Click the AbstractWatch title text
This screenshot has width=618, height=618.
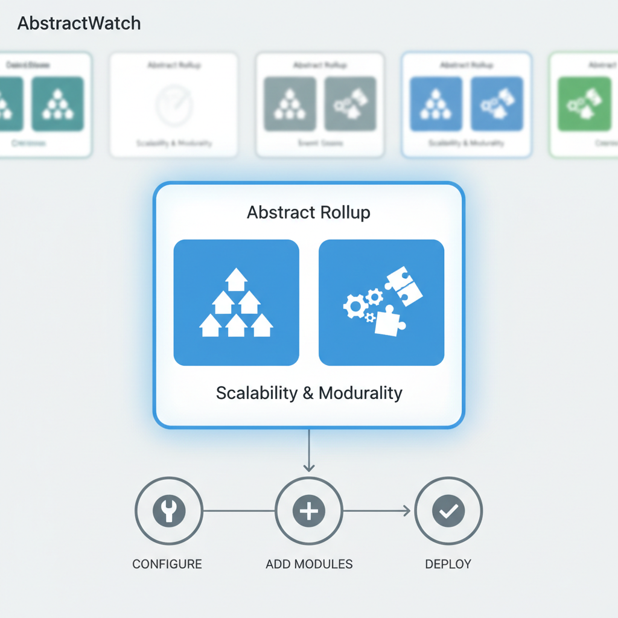coord(79,24)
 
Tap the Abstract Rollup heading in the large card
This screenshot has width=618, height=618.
coord(308,212)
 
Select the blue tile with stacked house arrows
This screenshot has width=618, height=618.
coord(236,302)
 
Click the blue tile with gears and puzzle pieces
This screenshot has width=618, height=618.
coord(381,302)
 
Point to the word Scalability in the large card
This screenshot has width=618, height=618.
coord(256,393)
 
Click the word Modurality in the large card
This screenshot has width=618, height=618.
coord(360,393)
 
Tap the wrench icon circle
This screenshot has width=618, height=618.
coord(168,511)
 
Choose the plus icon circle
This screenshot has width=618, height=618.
coord(309,511)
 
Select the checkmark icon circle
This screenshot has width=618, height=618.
coord(448,511)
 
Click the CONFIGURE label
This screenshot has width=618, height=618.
coord(167,564)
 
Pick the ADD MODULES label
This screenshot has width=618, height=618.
coord(309,564)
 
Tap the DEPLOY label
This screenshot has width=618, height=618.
coord(448,564)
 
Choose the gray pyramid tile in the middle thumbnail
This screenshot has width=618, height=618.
coord(290,104)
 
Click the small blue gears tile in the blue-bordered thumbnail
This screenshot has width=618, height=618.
coord(497,104)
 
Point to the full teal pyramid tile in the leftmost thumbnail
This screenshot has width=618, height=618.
coord(57,104)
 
